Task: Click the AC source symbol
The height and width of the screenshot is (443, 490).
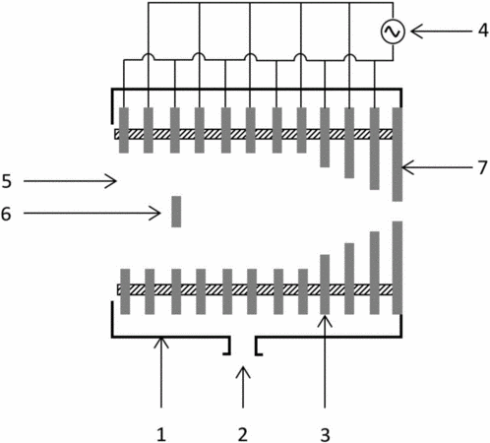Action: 393,32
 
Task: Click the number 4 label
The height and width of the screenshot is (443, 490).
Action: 483,31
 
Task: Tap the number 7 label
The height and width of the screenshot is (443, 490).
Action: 482,167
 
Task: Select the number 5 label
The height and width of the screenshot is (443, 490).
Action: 7,181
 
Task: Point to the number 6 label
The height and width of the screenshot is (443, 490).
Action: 6,214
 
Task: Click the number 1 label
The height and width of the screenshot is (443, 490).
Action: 161,435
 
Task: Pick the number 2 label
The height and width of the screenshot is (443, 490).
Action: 243,435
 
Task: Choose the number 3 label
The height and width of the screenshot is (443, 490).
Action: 325,435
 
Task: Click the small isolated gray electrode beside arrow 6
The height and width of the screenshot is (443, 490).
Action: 176,212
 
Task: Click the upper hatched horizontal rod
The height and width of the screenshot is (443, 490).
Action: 254,134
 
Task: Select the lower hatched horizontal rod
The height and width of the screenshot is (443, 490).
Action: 255,289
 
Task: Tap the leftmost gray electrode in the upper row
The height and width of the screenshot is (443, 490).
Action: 124,130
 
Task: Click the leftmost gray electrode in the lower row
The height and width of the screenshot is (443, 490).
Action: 125,291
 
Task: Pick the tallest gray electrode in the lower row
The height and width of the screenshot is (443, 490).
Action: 398,268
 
